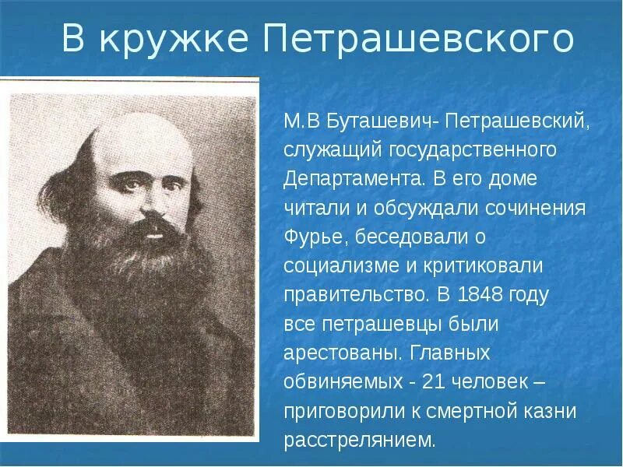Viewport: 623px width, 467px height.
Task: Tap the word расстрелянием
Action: [x=359, y=440]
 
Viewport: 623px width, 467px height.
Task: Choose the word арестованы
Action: [x=342, y=353]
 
